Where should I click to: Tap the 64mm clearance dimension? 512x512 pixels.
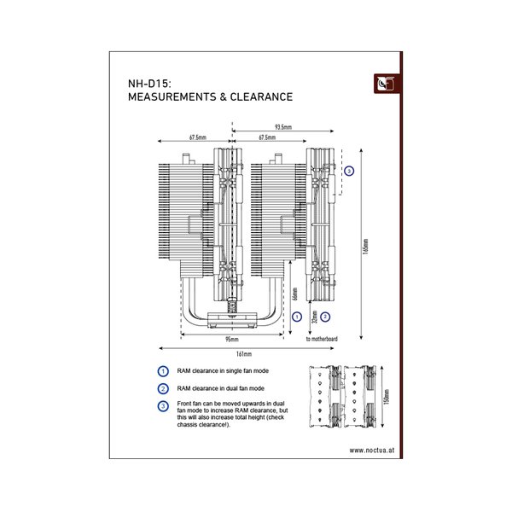click(295, 295)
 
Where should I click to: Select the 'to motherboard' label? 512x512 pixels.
click(322, 339)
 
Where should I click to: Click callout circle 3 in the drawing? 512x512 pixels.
click(349, 171)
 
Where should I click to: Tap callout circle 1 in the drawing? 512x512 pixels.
click(295, 316)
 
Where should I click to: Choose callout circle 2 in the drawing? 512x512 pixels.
click(325, 316)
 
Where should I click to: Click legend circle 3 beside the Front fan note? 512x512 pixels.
click(162, 406)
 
